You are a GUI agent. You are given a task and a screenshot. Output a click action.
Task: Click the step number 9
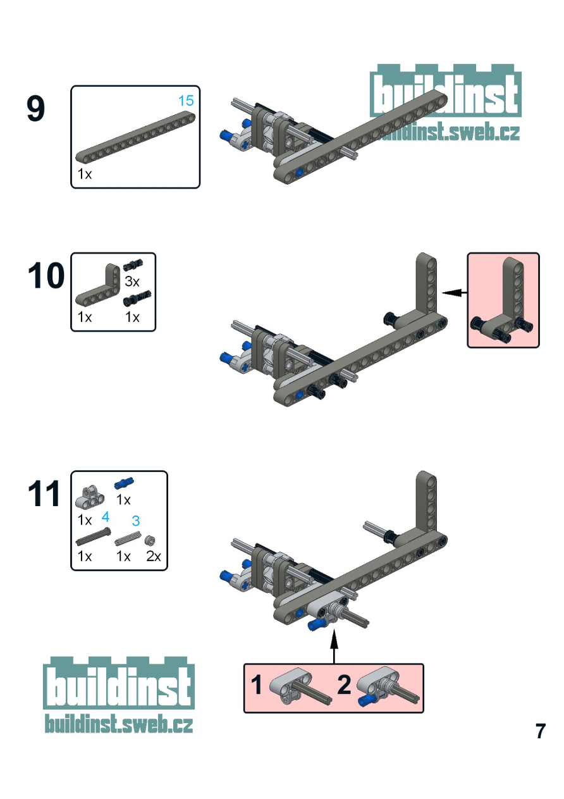(36, 109)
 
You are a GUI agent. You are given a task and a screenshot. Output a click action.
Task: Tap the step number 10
(46, 277)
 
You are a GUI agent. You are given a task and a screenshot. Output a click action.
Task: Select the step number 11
(44, 495)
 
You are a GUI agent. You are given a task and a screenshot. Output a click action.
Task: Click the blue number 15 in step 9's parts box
(185, 101)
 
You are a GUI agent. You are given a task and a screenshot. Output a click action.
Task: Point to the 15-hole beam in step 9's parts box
(135, 137)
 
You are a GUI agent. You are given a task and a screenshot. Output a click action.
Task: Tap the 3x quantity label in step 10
(132, 282)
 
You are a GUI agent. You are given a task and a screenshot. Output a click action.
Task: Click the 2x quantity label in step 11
(154, 557)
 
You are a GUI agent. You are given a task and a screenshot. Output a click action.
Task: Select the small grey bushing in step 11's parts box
(151, 540)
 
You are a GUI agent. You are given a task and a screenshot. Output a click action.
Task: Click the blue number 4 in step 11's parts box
(106, 517)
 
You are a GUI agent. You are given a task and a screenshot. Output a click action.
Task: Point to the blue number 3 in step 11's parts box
(135, 521)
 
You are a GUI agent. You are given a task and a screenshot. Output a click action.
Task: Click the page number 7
(540, 731)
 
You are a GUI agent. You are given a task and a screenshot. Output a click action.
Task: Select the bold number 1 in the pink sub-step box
(257, 685)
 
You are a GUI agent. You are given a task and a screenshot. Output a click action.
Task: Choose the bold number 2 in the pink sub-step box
(344, 685)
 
